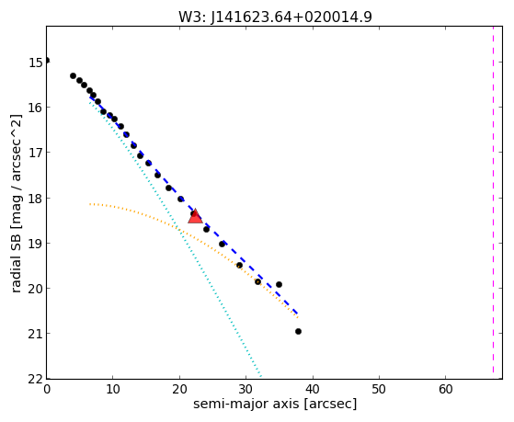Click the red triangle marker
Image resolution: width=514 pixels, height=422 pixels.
pos(195,216)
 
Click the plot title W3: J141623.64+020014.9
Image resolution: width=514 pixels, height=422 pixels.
pos(275,17)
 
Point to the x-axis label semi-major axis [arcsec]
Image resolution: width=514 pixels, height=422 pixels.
pos(275,404)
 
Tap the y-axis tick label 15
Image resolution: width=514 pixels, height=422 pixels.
pos(35,62)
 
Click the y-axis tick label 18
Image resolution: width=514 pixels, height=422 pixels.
pos(35,198)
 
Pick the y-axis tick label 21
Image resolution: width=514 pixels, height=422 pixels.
pos(35,334)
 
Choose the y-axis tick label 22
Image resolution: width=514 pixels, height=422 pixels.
pos(35,379)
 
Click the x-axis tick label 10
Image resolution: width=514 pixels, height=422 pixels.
pos(113,390)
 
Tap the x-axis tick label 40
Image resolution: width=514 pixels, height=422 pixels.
pos(313,390)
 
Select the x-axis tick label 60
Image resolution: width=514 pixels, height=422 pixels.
pos(446,390)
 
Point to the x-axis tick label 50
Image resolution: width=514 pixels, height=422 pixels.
pos(379,390)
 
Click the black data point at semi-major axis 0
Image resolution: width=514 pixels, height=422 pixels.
pos(47,61)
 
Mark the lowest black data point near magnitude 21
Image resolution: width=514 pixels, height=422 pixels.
pos(298,332)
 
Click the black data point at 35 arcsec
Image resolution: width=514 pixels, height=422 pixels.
pos(279,285)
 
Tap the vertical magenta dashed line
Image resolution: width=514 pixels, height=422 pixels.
pos(493,200)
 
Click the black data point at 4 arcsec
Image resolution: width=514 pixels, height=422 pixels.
pos(74,75)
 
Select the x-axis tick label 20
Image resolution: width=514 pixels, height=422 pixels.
pos(179,390)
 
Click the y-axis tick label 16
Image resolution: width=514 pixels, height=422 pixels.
pos(35,108)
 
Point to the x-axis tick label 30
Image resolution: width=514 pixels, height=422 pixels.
pos(246,390)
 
